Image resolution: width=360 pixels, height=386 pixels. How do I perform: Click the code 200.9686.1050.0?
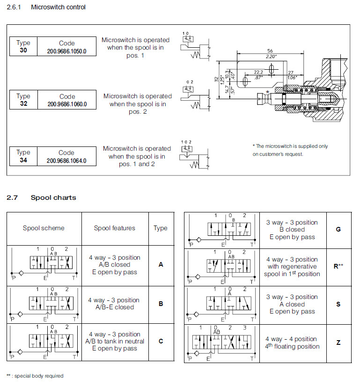coord(66,51)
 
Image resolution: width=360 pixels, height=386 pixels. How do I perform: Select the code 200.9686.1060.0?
coord(66,104)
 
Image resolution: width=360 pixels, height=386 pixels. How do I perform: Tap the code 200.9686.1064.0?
coord(66,160)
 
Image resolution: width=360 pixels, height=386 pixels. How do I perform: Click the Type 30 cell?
coord(23,46)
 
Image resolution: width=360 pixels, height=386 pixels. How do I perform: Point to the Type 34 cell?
coord(23,156)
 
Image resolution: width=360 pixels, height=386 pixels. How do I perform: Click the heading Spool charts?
coord(53,197)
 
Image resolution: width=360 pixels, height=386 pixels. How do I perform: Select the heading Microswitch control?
coord(58,7)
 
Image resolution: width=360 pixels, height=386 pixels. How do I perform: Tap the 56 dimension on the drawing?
coord(270,51)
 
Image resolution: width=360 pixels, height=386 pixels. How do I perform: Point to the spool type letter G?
coord(338,230)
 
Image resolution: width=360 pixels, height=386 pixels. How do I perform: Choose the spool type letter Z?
coord(338,342)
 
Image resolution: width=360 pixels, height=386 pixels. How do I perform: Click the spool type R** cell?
coord(338,266)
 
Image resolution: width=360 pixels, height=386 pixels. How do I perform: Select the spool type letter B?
coord(161,304)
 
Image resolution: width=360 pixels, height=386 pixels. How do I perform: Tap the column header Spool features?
coord(114,228)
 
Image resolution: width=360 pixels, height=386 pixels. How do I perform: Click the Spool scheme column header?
coord(44,228)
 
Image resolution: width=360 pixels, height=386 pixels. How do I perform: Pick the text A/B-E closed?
coord(114,307)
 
